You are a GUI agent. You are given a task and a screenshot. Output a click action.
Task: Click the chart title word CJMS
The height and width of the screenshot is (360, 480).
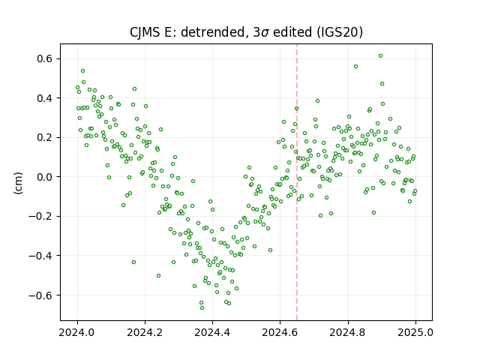pyautogui.click(x=145, y=32)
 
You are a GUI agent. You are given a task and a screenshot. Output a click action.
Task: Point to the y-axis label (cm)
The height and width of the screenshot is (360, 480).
pyautogui.click(x=18, y=183)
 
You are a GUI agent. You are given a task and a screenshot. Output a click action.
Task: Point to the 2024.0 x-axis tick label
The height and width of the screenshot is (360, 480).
pyautogui.click(x=77, y=332)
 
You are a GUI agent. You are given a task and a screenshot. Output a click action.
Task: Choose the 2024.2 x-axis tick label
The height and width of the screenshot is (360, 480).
pyautogui.click(x=145, y=332)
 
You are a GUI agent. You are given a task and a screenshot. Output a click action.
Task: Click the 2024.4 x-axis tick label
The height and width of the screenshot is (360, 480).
pyautogui.click(x=212, y=332)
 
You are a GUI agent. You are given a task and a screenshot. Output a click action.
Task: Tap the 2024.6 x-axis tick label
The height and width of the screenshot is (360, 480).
pyautogui.click(x=280, y=332)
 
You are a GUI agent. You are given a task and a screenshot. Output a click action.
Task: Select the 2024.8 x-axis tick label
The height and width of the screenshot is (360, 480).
pyautogui.click(x=348, y=332)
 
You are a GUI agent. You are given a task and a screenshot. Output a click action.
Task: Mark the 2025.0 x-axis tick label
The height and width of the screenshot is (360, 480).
pyautogui.click(x=415, y=332)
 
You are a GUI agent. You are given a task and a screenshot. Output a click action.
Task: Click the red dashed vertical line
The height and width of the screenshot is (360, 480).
pyautogui.click(x=297, y=182)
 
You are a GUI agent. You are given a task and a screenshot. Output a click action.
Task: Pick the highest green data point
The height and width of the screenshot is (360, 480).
pyautogui.click(x=380, y=56)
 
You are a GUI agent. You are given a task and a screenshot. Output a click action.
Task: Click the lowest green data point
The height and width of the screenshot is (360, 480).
pyautogui.click(x=202, y=308)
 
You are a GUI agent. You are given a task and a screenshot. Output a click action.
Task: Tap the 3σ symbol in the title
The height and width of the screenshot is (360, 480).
pyautogui.click(x=261, y=32)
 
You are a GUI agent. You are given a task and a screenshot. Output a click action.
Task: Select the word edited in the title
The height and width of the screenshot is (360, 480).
pyautogui.click(x=293, y=32)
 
